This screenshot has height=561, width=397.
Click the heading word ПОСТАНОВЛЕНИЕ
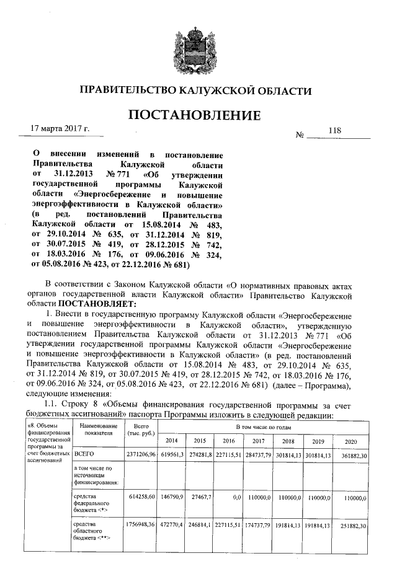194,116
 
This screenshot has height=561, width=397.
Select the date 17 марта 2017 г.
61,130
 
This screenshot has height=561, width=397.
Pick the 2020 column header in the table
352,440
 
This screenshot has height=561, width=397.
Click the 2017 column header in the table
259,440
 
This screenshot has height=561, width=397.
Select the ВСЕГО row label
84,454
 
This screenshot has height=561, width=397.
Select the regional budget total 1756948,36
138,526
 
